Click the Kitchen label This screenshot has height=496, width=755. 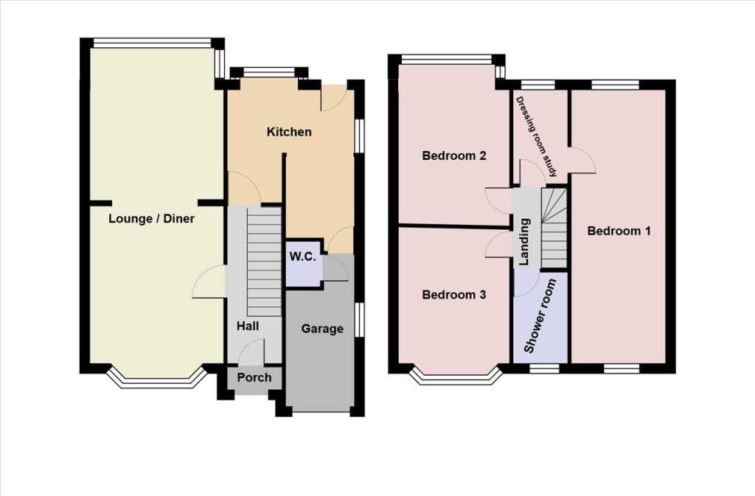coord(289,133)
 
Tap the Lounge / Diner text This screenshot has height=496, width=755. coord(151,218)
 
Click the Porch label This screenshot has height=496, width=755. coord(254,377)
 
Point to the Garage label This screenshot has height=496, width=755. coord(322,329)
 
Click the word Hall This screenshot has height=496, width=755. coord(248,325)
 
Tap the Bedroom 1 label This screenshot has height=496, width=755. coord(619,231)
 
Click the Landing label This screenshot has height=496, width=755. coord(525,242)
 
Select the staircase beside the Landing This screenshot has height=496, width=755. coord(554,228)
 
